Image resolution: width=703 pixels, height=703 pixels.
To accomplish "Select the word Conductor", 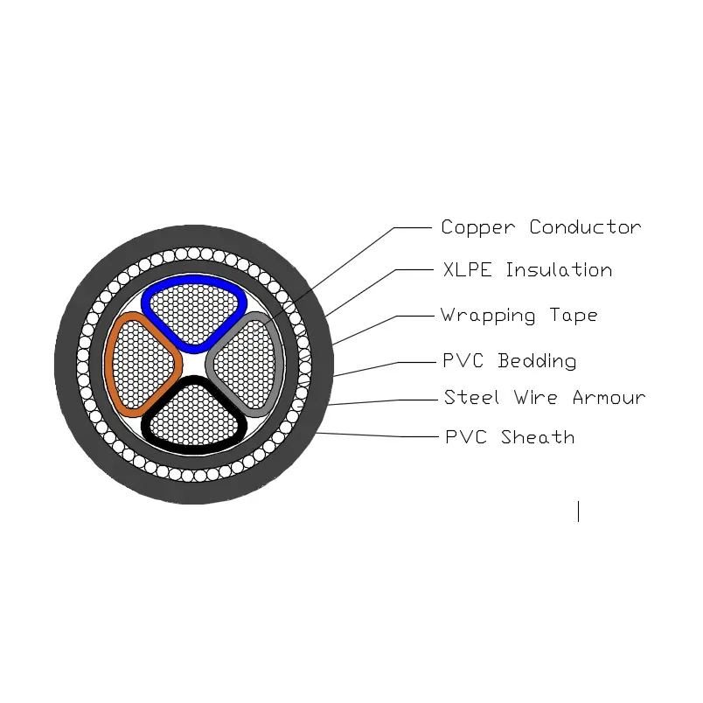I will click(x=585, y=227).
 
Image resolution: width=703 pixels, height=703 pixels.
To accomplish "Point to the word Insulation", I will click(x=559, y=270).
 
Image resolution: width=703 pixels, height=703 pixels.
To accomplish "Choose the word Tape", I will click(x=574, y=316).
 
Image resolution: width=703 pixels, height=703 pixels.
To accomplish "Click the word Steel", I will click(x=472, y=398).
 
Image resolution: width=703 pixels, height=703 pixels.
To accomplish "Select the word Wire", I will click(x=535, y=398).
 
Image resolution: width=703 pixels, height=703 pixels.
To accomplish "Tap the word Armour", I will click(x=609, y=398).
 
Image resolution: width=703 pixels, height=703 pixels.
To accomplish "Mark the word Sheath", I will click(x=539, y=437).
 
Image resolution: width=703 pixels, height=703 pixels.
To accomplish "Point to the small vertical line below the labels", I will click(x=578, y=512).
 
